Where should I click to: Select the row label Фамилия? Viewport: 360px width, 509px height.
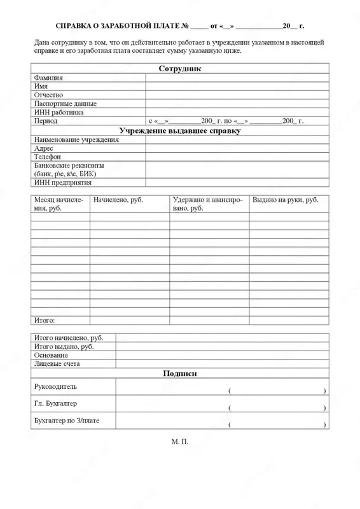click(49, 78)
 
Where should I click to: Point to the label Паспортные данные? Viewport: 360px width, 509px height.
click(65, 103)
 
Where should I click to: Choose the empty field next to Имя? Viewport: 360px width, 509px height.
click(236, 86)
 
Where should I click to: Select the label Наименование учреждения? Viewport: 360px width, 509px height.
click(73, 139)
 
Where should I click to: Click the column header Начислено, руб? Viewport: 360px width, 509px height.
click(118, 200)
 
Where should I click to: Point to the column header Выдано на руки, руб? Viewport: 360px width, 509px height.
click(286, 200)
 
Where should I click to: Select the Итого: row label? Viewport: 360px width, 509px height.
click(44, 319)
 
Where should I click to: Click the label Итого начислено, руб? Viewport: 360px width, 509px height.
click(68, 338)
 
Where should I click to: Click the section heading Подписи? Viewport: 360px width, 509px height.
click(179, 373)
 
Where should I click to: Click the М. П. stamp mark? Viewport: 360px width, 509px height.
click(180, 457)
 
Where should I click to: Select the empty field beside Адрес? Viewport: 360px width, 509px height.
click(236, 148)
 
